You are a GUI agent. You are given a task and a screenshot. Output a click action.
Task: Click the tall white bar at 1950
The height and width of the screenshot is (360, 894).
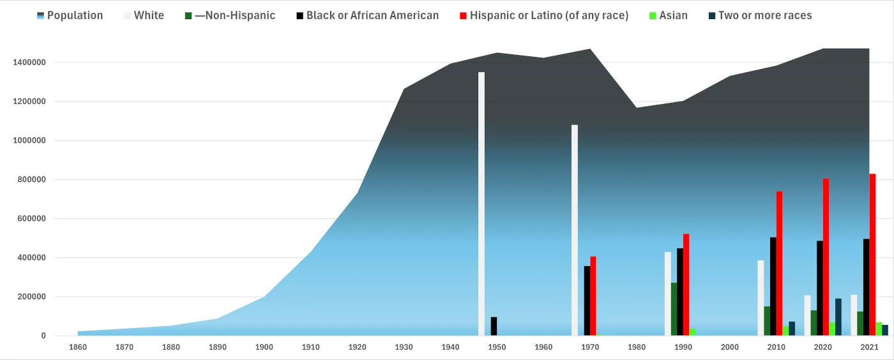tap(481, 204)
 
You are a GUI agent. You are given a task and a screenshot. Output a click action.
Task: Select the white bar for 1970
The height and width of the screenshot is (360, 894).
tap(575, 230)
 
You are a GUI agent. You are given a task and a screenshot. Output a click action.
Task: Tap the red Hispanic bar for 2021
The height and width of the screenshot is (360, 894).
tap(872, 255)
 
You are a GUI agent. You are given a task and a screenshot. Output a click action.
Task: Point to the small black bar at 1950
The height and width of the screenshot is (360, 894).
tap(494, 326)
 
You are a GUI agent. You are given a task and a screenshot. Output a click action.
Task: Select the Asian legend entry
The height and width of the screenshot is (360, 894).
tap(673, 15)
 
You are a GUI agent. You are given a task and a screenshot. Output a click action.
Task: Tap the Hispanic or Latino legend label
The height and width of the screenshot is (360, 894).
tap(549, 15)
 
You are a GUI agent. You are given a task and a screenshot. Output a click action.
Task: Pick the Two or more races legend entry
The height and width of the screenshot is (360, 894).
tap(764, 15)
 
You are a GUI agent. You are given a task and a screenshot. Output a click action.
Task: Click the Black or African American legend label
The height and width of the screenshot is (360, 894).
tap(372, 15)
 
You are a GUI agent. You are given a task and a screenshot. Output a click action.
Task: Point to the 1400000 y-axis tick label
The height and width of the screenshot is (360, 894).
tap(29, 63)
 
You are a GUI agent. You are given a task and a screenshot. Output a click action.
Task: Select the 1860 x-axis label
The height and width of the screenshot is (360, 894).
tap(78, 347)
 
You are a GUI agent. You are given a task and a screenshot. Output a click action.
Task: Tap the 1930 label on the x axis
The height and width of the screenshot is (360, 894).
tap(404, 347)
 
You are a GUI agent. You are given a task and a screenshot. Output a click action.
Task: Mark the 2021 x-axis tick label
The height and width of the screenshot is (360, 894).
tap(869, 347)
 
